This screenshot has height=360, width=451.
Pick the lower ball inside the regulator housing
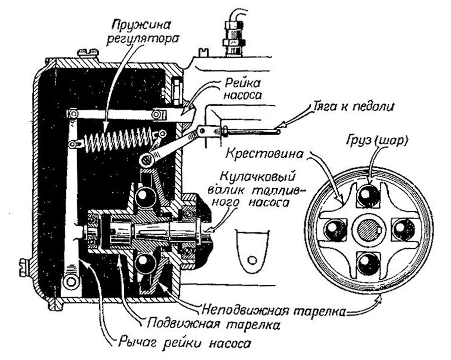point(144,262)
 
